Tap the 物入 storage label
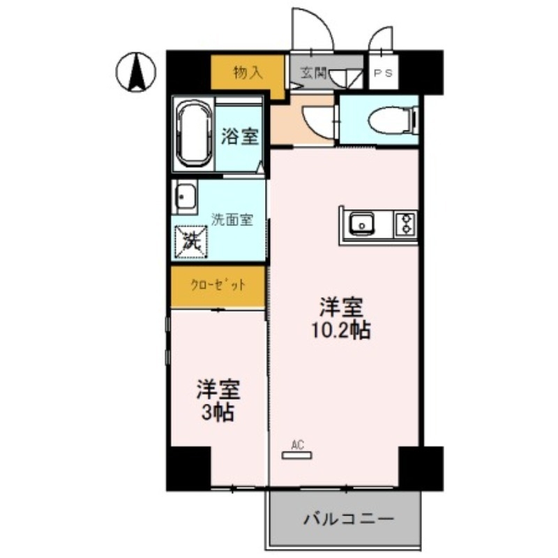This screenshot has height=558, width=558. click(x=248, y=72)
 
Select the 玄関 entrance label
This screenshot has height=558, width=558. click(x=314, y=73)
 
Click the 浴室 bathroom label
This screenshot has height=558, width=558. click(x=241, y=136)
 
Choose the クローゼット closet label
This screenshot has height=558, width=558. click(x=218, y=285)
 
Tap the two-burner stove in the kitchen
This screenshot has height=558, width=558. click(x=405, y=223)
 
